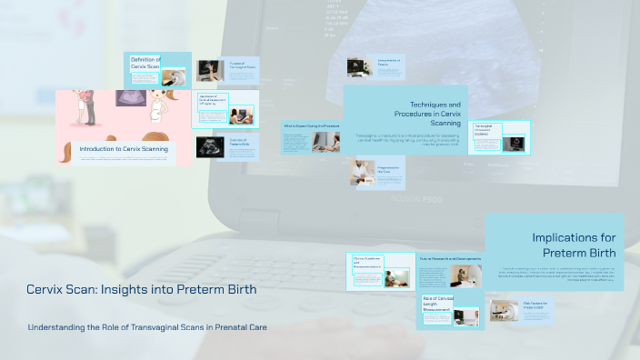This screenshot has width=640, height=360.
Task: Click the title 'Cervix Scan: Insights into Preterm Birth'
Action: (x=141, y=290)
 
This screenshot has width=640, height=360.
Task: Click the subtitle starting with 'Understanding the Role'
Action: (x=147, y=327)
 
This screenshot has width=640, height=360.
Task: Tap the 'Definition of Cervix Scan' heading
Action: (x=145, y=63)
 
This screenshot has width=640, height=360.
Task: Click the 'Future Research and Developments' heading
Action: (x=450, y=258)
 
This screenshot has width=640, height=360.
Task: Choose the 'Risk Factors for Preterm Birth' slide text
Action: (x=537, y=305)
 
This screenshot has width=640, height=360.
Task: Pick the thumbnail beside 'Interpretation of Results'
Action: (x=356, y=66)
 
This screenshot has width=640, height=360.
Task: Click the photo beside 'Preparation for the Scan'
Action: (x=364, y=172)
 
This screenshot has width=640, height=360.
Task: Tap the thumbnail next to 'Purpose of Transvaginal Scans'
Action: (x=210, y=70)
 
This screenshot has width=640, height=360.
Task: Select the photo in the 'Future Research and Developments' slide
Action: (x=470, y=275)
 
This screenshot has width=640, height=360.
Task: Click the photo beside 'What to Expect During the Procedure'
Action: (x=325, y=141)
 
